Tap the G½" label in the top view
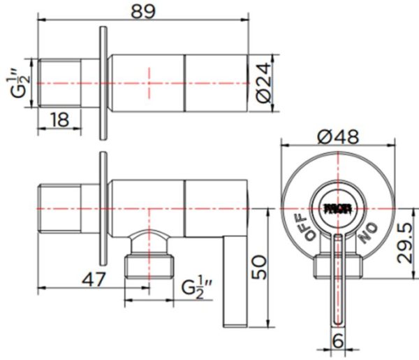tap(20, 82)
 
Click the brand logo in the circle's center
tap(337, 208)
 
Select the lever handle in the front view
tap(338, 280)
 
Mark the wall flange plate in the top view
tap(103, 82)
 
